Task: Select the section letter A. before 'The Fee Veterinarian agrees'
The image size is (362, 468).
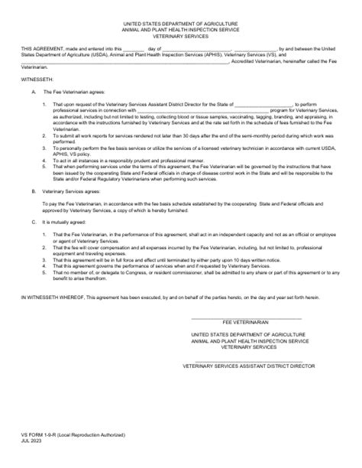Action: pos(34,94)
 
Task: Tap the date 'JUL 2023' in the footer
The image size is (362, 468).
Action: pos(33,440)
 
